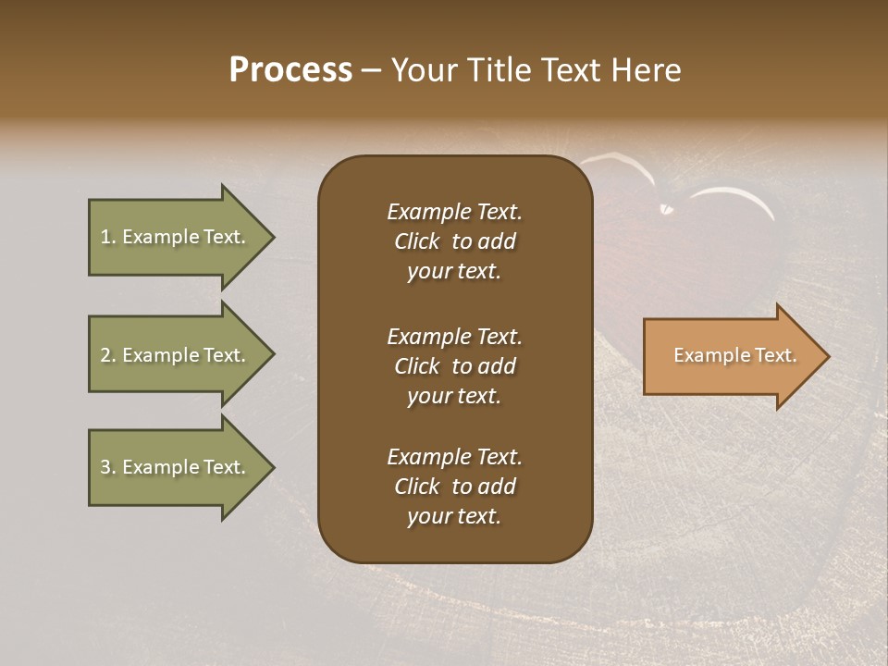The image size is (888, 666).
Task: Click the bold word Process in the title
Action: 290,70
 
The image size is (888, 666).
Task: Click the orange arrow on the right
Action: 731,356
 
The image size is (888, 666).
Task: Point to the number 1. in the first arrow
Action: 108,238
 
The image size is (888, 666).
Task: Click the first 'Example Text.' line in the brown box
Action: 454,212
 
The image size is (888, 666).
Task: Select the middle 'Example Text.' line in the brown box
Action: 454,337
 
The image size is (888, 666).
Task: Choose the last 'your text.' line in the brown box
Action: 454,517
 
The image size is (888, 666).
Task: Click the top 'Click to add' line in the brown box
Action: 454,242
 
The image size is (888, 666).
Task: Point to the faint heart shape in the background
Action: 675,240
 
